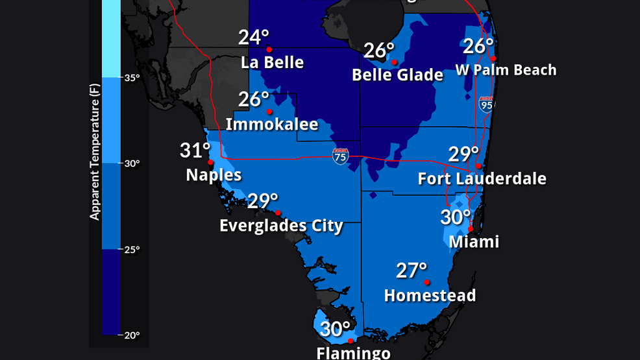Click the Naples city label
[214, 175]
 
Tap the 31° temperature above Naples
[196, 151]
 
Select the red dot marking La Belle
[269, 49]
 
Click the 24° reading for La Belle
[253, 38]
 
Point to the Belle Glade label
[397, 75]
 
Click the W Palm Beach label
[506, 70]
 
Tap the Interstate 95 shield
[486, 103]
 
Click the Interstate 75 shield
[340, 156]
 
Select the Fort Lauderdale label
[482, 179]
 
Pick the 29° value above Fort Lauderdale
[463, 154]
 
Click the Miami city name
[474, 242]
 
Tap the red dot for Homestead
[426, 282]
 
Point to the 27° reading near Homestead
[412, 270]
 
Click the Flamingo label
[353, 353]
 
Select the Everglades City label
[281, 226]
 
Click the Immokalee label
[272, 125]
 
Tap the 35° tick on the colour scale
[132, 78]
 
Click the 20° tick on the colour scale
[132, 335]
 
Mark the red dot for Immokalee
[269, 111]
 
